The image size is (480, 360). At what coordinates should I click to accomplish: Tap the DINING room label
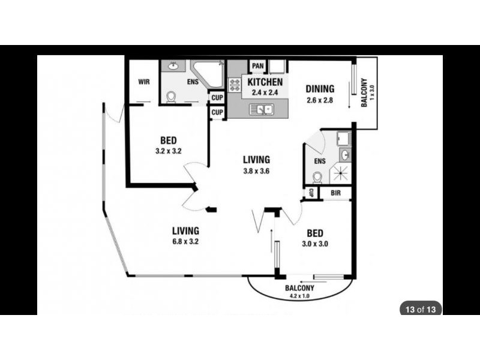(320, 89)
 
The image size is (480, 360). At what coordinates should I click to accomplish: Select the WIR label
(143, 81)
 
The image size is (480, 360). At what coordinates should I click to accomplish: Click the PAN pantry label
(258, 66)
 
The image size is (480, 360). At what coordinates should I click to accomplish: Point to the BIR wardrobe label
(335, 193)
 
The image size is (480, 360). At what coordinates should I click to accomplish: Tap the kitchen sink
(263, 109)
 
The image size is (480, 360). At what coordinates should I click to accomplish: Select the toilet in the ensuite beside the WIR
(172, 97)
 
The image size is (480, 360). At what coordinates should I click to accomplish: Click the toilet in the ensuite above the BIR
(318, 177)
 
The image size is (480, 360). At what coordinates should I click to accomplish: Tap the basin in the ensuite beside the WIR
(175, 67)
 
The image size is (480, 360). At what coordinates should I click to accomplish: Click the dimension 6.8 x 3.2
(185, 242)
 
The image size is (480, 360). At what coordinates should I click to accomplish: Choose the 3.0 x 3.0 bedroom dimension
(314, 244)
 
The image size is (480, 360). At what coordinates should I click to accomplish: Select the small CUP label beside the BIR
(311, 193)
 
